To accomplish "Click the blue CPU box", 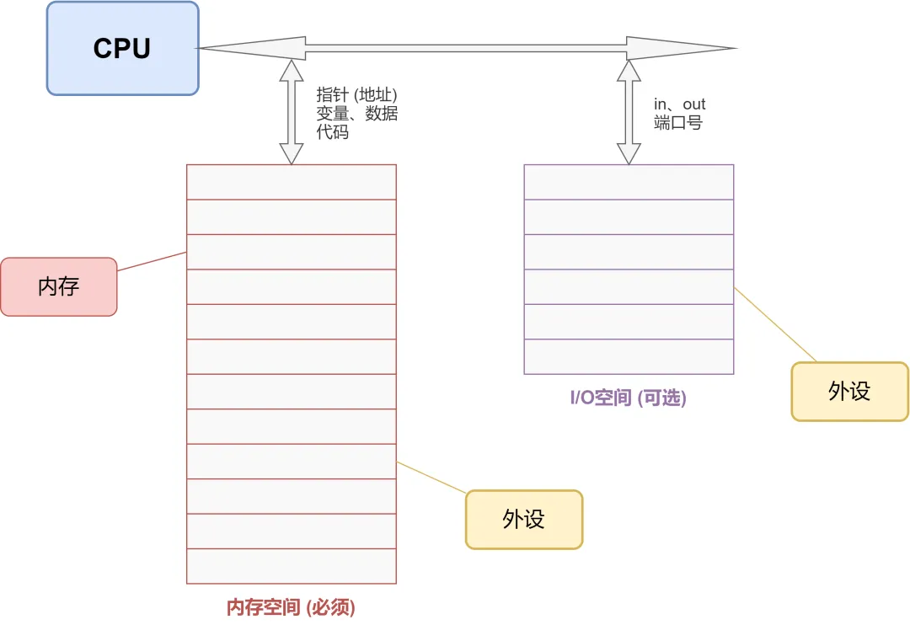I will pyautogui.click(x=122, y=48).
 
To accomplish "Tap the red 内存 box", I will pyautogui.click(x=58, y=286).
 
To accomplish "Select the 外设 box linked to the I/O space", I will pyautogui.click(x=849, y=391).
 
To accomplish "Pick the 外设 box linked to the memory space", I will pyautogui.click(x=524, y=519).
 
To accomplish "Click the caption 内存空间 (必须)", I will pyautogui.click(x=291, y=606).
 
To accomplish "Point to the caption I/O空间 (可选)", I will pyautogui.click(x=629, y=398).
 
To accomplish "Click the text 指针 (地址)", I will pyautogui.click(x=356, y=94).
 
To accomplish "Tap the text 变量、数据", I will pyautogui.click(x=356, y=114).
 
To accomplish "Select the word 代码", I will pyautogui.click(x=332, y=132).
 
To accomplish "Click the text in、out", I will pyautogui.click(x=679, y=104).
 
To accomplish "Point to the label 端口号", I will pyautogui.click(x=677, y=123).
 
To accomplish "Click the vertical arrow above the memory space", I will pyautogui.click(x=291, y=111).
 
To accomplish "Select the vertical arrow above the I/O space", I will pyautogui.click(x=629, y=111).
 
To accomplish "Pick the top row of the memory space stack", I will pyautogui.click(x=291, y=182).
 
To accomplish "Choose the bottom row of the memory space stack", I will pyautogui.click(x=291, y=566).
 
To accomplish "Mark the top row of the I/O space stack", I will pyautogui.click(x=629, y=182).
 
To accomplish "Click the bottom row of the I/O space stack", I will pyautogui.click(x=629, y=356).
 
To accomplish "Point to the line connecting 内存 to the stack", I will pyautogui.click(x=152, y=261).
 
